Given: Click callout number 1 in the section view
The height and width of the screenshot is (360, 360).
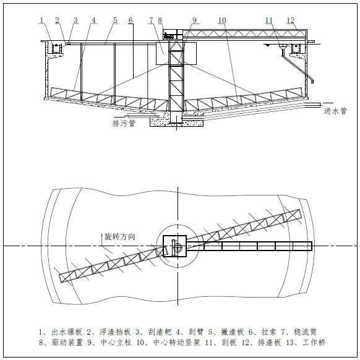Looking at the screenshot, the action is pos(41,20).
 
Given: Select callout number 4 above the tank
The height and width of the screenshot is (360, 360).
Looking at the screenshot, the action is pos(93,20).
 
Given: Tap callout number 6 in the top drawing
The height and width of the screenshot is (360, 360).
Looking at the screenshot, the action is pos(131,20).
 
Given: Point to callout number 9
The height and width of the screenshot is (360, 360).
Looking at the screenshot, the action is pos(194,20).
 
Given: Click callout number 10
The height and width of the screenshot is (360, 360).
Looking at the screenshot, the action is pos(222,20).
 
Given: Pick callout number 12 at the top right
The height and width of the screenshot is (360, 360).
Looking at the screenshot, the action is pos(291,20).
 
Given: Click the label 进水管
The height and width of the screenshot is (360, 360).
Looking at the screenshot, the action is pos(335,111).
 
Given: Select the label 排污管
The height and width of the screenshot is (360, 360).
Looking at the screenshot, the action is pos(124,123).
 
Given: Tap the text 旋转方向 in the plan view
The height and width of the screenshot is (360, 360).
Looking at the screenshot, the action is pos(119,236).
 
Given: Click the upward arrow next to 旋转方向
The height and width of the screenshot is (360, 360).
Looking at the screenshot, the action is pos(102,239).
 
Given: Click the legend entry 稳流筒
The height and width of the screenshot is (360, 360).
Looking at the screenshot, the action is pos(306,332).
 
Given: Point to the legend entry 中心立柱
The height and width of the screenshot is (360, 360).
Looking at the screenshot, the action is pos(116,343).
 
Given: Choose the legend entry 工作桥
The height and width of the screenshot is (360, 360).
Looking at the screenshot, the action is pos(314,343).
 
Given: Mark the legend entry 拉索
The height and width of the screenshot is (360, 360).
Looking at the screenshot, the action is pos(269,332).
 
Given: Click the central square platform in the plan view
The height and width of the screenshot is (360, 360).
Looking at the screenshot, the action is pos(174,246).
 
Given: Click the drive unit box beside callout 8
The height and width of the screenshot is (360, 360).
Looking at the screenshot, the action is pos(170,34).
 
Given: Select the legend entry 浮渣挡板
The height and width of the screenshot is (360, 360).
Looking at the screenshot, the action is pos(115,332).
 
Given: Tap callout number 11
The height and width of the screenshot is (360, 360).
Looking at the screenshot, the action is pos(269,20).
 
